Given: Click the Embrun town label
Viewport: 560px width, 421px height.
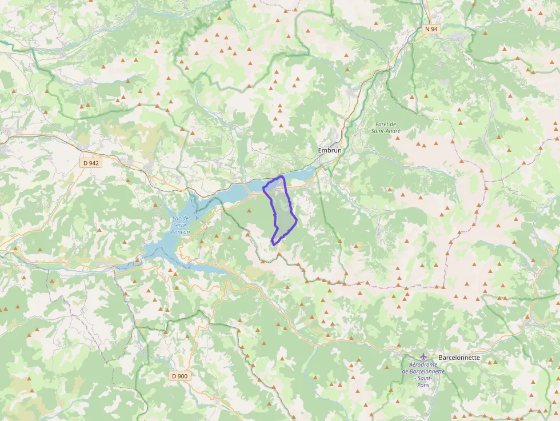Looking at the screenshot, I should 330,150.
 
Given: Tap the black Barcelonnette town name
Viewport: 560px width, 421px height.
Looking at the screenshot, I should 459,358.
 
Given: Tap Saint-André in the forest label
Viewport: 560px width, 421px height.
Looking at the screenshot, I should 386,131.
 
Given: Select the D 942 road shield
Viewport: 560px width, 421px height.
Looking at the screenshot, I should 91,163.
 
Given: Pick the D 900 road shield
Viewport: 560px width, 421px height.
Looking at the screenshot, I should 179,376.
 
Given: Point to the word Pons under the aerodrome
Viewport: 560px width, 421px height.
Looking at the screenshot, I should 423,385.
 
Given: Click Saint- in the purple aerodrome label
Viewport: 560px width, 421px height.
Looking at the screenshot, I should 423,378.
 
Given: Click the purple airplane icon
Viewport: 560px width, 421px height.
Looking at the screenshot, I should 423,357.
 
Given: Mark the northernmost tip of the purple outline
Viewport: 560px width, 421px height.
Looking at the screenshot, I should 282,177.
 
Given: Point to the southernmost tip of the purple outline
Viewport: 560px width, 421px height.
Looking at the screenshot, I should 274,244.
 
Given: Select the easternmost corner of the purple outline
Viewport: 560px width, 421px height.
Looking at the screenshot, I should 297,220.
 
